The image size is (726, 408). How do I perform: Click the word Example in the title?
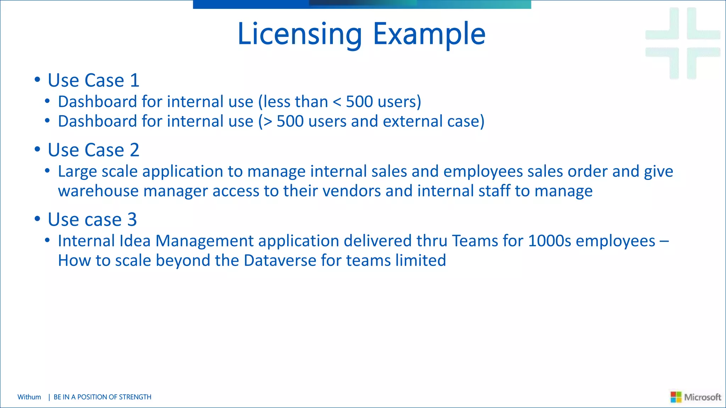(429, 34)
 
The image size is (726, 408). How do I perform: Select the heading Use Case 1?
(94, 80)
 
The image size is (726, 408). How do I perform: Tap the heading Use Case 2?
(94, 150)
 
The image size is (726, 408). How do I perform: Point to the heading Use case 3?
(92, 220)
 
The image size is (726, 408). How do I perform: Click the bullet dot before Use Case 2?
(38, 149)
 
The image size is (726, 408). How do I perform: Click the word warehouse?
(98, 191)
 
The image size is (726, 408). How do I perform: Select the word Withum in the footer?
(29, 397)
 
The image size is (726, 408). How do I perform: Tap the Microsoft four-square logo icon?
(676, 397)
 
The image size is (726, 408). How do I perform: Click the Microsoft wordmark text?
(703, 397)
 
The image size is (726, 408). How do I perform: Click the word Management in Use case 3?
(205, 241)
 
